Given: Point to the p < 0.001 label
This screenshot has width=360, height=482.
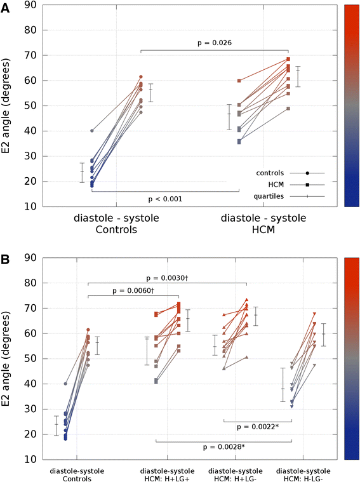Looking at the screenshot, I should click(x=166, y=199).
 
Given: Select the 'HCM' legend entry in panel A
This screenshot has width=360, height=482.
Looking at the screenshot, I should click(x=278, y=184).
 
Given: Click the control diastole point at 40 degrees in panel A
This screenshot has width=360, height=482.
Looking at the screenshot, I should click(x=92, y=131).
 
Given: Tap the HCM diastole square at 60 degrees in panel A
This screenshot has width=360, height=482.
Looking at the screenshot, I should click(x=239, y=81).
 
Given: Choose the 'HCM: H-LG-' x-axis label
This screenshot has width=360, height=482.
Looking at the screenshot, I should click(x=302, y=478).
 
